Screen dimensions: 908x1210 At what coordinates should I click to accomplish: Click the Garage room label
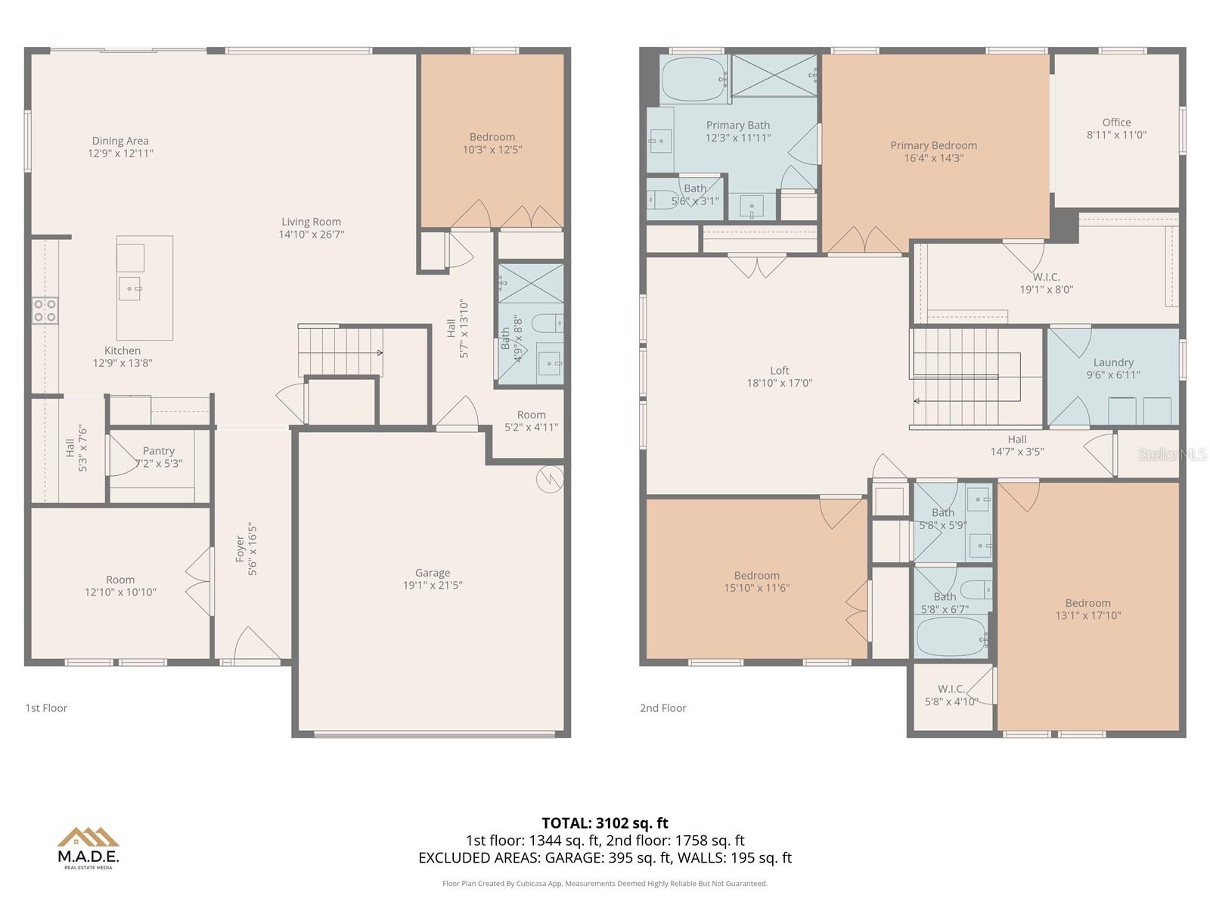coord(432,573)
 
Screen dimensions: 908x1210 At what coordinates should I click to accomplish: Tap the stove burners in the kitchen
coord(45,311)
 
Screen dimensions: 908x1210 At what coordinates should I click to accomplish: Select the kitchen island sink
coord(129,288)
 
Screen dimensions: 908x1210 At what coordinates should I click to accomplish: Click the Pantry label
coord(158,451)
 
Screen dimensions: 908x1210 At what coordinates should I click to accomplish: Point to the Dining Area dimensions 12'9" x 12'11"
coord(120,153)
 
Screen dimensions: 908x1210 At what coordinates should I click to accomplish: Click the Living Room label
coord(311,222)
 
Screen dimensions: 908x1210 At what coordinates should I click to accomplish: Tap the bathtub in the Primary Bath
coord(693,79)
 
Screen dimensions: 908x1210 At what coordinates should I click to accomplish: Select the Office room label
coord(1116,123)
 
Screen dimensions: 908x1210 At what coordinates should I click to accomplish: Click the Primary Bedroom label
coord(933,145)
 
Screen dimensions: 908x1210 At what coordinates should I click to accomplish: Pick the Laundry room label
coord(1112,362)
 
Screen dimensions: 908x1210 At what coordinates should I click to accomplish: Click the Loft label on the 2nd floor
coord(779,371)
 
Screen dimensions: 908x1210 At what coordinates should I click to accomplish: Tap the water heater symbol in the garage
coord(550,478)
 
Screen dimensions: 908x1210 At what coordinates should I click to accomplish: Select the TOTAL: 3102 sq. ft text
coord(604,822)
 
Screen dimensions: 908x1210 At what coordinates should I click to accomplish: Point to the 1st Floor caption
coord(46,708)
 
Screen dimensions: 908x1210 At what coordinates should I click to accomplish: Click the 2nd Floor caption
coord(662,708)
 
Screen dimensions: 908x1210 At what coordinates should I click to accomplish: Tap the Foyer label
coord(240,549)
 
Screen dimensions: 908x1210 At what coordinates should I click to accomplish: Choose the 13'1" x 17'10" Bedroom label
coord(1087,609)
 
